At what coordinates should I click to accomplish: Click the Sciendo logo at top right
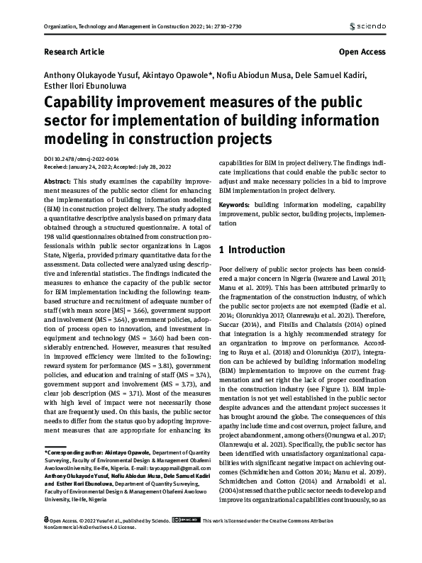coord(367,27)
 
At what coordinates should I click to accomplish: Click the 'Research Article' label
coord(74,52)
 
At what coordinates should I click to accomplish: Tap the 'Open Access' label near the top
coord(362,52)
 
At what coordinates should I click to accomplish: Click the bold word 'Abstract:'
coord(58,182)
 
